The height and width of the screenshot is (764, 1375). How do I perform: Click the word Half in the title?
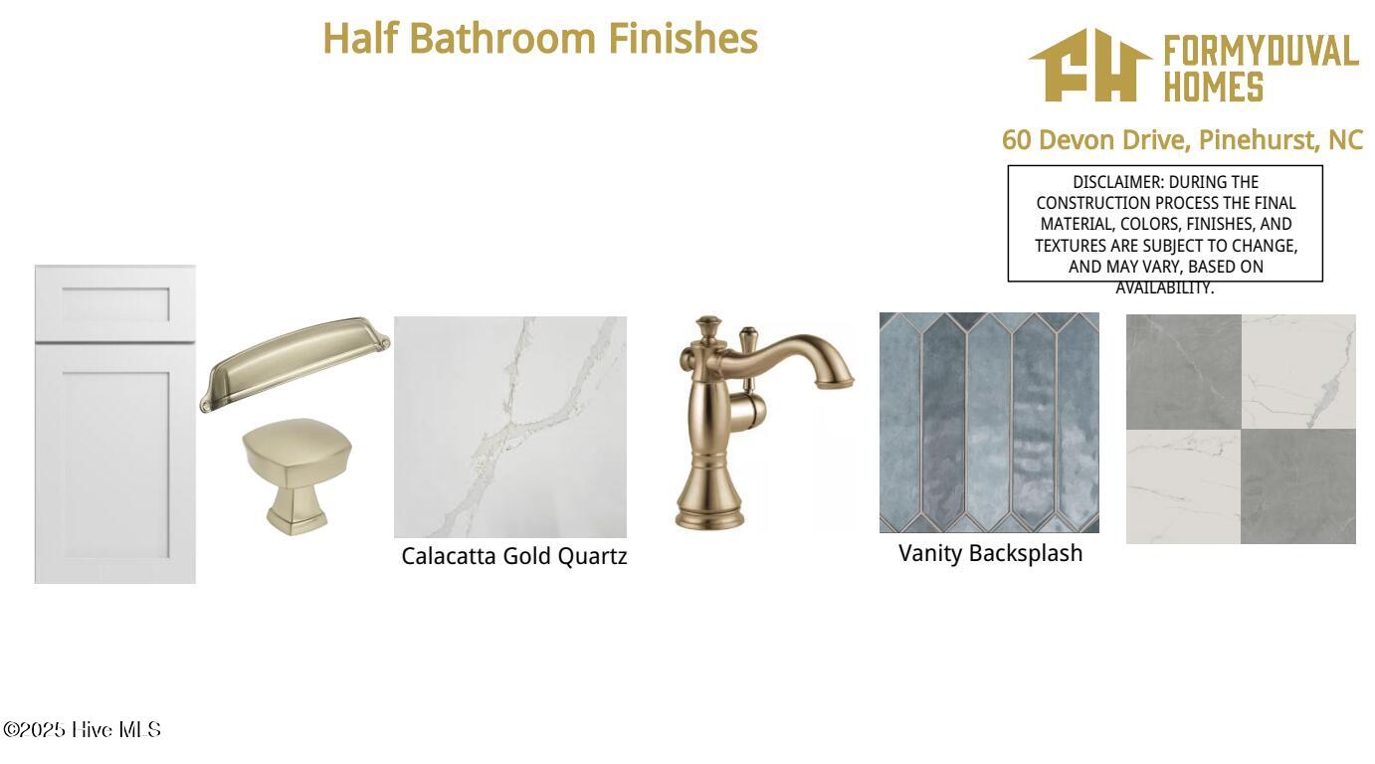tap(360, 38)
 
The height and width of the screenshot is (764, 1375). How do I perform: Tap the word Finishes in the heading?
tap(683, 38)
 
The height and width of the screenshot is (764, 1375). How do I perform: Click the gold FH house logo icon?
tap(1090, 65)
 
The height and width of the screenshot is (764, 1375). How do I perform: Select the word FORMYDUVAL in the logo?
tap(1261, 51)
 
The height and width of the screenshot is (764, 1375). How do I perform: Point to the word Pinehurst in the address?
tap(1256, 140)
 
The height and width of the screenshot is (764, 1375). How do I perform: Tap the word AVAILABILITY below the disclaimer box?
tap(1164, 287)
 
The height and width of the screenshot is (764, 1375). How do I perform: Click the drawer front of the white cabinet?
tap(115, 303)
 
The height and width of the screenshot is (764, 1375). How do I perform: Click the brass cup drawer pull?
tap(295, 364)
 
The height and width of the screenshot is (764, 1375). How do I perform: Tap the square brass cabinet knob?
tap(297, 477)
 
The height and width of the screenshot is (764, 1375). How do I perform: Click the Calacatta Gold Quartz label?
tap(514, 556)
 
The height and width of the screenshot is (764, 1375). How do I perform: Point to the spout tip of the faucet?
tap(835, 383)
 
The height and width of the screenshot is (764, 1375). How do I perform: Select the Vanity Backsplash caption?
tap(990, 553)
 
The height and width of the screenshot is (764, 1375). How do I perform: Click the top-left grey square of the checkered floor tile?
tap(1184, 372)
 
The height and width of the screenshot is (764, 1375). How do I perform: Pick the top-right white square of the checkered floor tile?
tap(1298, 372)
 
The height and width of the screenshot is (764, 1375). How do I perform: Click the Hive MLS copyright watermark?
tap(83, 729)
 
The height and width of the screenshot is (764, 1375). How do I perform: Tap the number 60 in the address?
tap(1017, 140)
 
